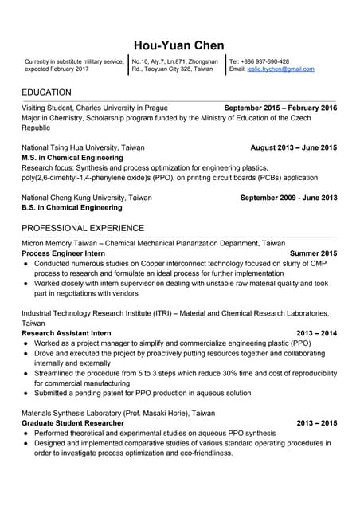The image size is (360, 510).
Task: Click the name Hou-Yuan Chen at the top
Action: (179, 45)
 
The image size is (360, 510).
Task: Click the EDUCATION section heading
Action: (46, 92)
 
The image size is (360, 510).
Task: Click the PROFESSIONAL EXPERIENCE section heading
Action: (83, 228)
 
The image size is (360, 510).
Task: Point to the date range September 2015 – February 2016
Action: (280, 108)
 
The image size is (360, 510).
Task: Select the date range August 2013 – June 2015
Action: (293, 147)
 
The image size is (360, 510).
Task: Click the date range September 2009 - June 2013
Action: (288, 198)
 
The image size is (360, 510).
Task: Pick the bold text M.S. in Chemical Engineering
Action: (72, 158)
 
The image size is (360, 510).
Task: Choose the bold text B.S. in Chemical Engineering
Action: (72, 208)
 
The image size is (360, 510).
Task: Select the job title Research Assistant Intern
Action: (66, 333)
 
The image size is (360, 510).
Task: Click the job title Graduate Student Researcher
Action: (72, 423)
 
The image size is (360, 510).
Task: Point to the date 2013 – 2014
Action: (316, 333)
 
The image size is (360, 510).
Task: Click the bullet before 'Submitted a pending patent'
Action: (26, 393)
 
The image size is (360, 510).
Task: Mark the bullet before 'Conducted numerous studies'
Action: (26, 263)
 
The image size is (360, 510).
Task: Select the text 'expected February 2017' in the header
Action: (57, 69)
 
